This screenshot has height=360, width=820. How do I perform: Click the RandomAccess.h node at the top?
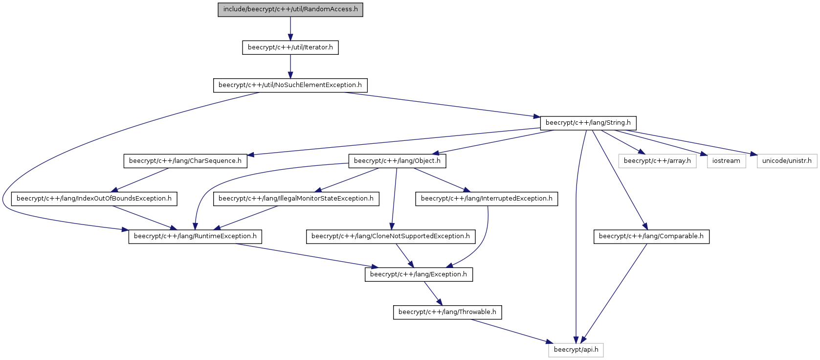pyautogui.click(x=290, y=9)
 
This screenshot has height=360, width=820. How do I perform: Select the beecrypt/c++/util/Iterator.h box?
pyautogui.click(x=290, y=47)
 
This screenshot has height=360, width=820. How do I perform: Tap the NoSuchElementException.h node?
pyautogui.click(x=290, y=85)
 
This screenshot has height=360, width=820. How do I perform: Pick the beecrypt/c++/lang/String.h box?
pyautogui.click(x=588, y=123)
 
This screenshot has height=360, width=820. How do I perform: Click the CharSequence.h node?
pyautogui.click(x=185, y=161)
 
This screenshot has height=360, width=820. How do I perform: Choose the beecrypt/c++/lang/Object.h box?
pyautogui.click(x=397, y=161)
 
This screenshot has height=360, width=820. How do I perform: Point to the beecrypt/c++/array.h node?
pyautogui.click(x=658, y=161)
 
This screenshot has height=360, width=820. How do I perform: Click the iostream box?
pyautogui.click(x=726, y=161)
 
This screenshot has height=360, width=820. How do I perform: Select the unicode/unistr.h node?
pyautogui.click(x=787, y=161)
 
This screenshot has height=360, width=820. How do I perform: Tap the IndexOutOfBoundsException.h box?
pyautogui.click(x=94, y=199)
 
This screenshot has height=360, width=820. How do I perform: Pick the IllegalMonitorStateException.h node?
pyautogui.click(x=296, y=199)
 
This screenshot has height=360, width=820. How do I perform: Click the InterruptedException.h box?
pyautogui.click(x=487, y=199)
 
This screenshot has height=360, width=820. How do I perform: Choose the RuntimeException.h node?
pyautogui.click(x=195, y=237)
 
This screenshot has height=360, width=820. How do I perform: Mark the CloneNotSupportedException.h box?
pyautogui.click(x=391, y=237)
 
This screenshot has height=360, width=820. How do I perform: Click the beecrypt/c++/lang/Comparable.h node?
pyautogui.click(x=651, y=237)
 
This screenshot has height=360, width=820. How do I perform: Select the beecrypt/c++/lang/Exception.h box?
pyautogui.click(x=419, y=275)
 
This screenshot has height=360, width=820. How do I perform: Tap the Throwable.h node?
pyautogui.click(x=447, y=313)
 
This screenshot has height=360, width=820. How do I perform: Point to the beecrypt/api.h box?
pyautogui.click(x=576, y=350)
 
